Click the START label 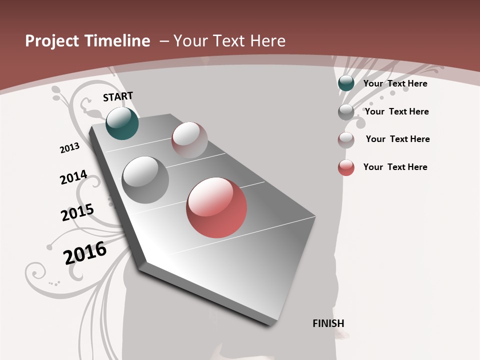pos(118,96)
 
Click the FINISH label pos(328,323)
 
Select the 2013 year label pos(69,148)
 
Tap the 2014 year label pos(73,177)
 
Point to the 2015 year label pos(77,212)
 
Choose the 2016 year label pos(85,252)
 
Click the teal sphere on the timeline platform pos(122,123)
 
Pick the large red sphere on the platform pos(216,207)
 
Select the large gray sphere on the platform pos(145,180)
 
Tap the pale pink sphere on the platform pos(189,140)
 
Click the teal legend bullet pos(346,83)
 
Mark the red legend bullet pos(346,167)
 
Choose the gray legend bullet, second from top pos(346,112)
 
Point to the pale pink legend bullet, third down pos(346,139)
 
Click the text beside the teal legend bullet pos(395,83)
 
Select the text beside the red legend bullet pos(395,167)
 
